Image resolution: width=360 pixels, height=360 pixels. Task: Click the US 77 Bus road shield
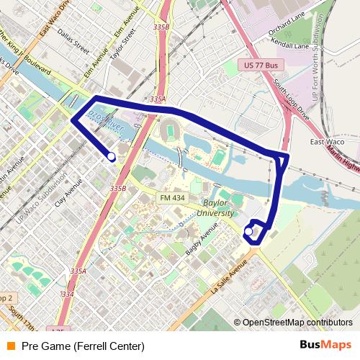coord(260,66)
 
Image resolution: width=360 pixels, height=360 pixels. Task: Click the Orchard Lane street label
coord(287,27)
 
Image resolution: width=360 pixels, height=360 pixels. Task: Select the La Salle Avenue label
coord(229,276)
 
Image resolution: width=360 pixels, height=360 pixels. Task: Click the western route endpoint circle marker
coord(111,156)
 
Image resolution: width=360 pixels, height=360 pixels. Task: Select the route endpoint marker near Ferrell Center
coord(248,231)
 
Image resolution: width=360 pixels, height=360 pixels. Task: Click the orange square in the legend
coord(11,346)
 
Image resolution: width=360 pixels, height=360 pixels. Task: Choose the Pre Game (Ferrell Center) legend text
coord(83,346)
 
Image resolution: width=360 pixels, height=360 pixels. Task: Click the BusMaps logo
coord(325,346)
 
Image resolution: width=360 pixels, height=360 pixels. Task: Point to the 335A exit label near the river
coord(158,99)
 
